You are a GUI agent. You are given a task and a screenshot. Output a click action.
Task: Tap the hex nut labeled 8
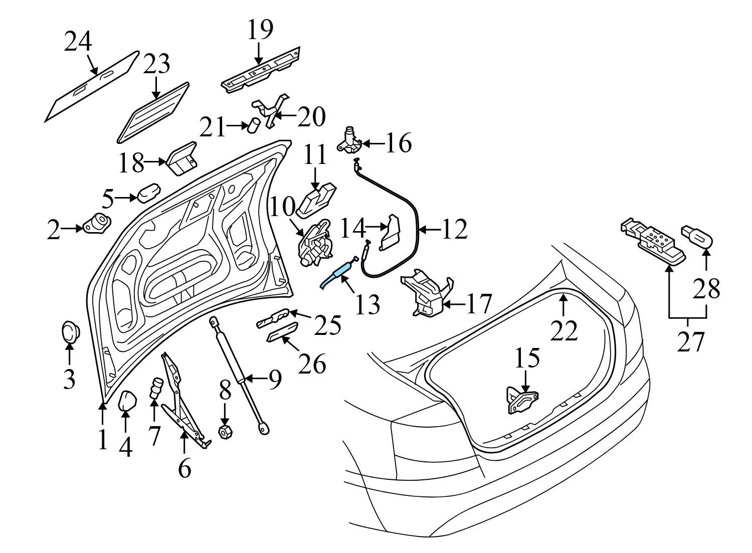point(225,431)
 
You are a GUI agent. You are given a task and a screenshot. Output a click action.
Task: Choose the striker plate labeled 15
point(522,401)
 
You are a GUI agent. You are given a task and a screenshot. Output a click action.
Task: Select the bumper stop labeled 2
point(97,223)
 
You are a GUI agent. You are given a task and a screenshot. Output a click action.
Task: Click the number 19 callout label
point(260,30)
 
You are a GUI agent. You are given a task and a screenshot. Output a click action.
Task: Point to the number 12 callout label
point(454,230)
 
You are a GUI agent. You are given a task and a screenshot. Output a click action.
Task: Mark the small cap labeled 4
point(126,401)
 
